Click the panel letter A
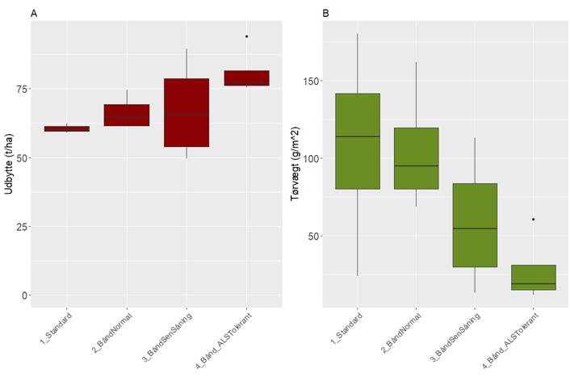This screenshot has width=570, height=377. click(33, 13)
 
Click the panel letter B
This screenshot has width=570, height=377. click(325, 13)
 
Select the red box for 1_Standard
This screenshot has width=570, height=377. click(67, 128)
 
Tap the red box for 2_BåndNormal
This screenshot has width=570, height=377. click(127, 115)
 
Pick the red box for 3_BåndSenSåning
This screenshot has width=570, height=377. click(187, 112)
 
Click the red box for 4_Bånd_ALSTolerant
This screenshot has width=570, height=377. click(246, 78)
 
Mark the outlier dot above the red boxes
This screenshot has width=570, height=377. click(246, 36)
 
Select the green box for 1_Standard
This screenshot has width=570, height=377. click(357, 141)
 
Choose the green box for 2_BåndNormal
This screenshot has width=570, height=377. click(417, 158)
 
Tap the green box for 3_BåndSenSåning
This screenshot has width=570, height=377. click(475, 225)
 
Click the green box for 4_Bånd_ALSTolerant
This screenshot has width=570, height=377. click(534, 277)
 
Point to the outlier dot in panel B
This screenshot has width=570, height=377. click(534, 220)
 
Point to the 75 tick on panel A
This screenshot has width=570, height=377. click(21, 89)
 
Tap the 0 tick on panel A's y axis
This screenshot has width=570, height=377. click(24, 295)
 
